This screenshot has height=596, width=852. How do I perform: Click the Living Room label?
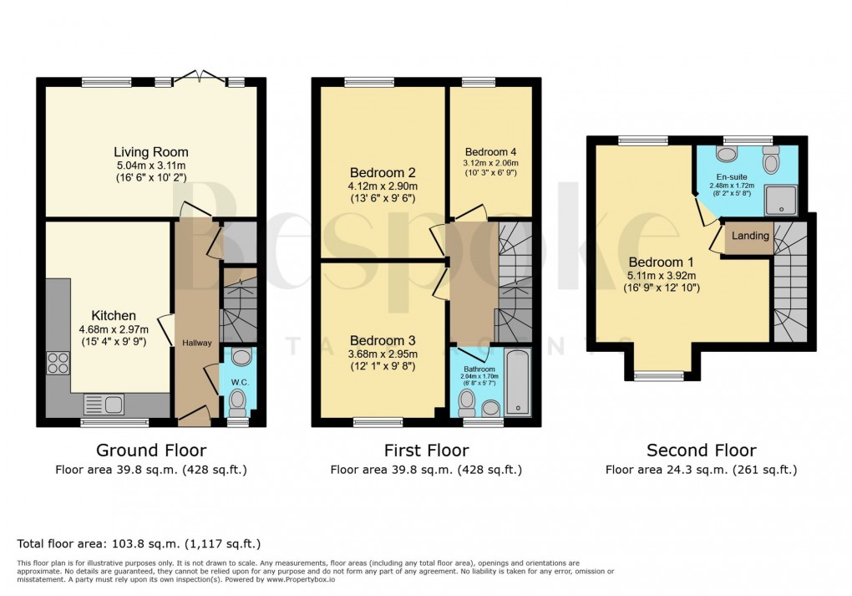[151, 152]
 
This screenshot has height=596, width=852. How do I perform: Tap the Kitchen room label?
[114, 315]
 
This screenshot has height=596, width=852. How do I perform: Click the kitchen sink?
[104, 405]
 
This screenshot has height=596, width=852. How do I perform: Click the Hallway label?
[198, 343]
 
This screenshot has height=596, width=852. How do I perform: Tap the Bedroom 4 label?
[491, 150]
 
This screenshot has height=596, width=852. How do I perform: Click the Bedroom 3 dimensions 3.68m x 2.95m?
[383, 354]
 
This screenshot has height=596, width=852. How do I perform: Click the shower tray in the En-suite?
[781, 196]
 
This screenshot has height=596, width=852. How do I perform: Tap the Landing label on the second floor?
[750, 236]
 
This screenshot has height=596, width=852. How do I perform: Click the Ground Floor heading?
[151, 451]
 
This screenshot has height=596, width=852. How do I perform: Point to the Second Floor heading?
[701, 451]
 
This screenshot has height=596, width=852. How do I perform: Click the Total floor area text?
[139, 543]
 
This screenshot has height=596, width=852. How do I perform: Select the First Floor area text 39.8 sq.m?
[426, 470]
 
